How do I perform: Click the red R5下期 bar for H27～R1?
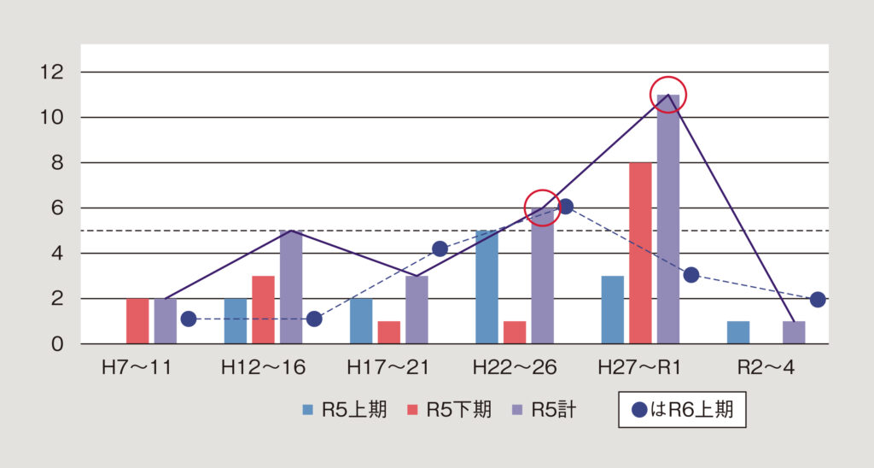point(640,253)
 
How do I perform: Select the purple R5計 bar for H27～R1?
point(668,219)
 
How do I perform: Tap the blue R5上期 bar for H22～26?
point(486,287)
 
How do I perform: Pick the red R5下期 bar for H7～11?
point(137,321)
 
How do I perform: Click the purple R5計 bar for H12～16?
point(291,287)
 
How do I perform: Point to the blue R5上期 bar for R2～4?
point(738,332)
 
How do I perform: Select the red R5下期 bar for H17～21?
point(388,332)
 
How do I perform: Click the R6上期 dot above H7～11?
point(189,319)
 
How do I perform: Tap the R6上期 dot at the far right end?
point(818,299)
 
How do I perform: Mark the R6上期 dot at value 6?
point(565,206)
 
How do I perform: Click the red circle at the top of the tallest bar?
point(668,95)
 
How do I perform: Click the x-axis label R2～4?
point(766,368)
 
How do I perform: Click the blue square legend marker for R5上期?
point(308,410)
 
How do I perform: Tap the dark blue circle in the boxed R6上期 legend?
point(638,410)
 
